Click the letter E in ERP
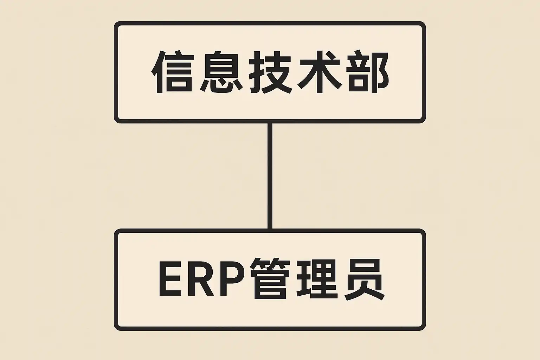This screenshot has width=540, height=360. pyautogui.click(x=171, y=279)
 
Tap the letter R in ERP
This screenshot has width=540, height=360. pyautogui.click(x=200, y=279)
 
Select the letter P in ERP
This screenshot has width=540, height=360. pyautogui.click(x=230, y=279)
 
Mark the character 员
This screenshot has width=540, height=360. pyautogui.click(x=364, y=279)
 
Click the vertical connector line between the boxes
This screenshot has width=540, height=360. pyautogui.click(x=270, y=176)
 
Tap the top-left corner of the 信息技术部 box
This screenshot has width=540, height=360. pyautogui.click(x=117, y=24)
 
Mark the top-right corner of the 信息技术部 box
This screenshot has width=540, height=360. pyautogui.click(x=423, y=24)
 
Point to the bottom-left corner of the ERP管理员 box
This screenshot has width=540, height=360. pyautogui.click(x=117, y=328)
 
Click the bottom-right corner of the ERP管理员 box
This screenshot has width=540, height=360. pyautogui.click(x=423, y=328)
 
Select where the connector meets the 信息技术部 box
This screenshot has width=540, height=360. pyautogui.click(x=270, y=122)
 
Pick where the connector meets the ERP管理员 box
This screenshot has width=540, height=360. pyautogui.click(x=270, y=231)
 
